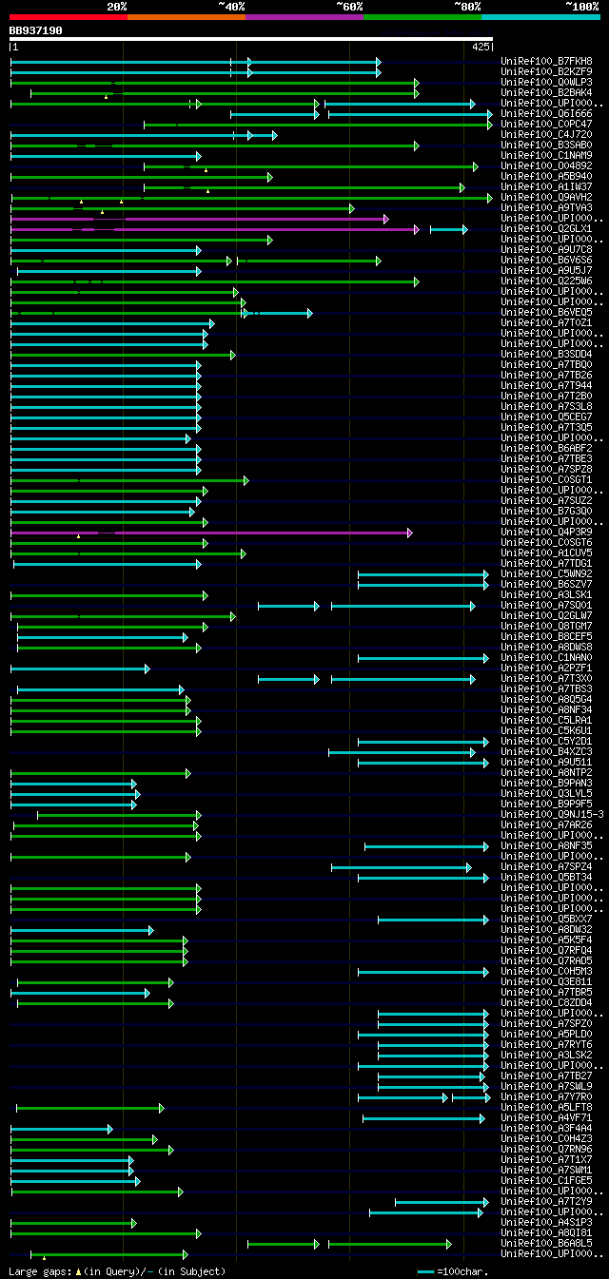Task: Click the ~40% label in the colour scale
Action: point(231,7)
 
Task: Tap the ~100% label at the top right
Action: point(581,7)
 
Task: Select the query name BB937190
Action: point(35,30)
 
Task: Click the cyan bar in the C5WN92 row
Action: point(422,574)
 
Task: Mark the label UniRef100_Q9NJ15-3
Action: point(552,815)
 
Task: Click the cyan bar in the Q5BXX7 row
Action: point(432,920)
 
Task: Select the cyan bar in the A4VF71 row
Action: point(423,1118)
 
